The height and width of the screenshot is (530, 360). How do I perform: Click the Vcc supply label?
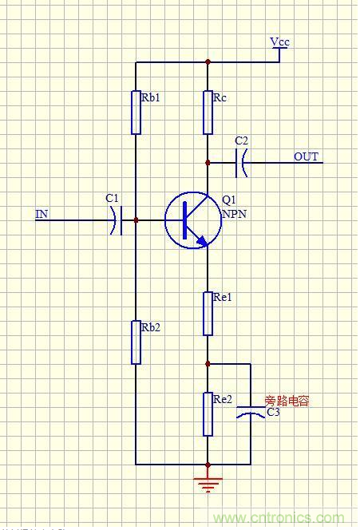[279, 41]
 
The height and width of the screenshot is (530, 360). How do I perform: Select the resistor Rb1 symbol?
[136, 111]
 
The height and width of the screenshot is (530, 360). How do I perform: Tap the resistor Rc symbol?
[208, 112]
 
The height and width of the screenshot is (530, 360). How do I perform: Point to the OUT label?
[306, 156]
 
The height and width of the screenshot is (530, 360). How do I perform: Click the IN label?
[41, 214]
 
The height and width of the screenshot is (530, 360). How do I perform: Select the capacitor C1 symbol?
[117, 220]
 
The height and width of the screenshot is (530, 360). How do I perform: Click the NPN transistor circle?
[192, 221]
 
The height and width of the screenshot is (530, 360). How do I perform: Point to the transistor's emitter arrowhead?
[203, 240]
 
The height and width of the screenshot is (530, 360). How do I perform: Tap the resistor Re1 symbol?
[208, 313]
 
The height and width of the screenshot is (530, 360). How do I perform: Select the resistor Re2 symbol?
[208, 413]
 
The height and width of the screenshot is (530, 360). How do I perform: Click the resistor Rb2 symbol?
[136, 342]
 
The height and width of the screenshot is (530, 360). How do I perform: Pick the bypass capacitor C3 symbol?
[251, 413]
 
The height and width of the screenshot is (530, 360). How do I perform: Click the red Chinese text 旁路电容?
[287, 401]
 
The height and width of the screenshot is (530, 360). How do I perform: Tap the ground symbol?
[208, 482]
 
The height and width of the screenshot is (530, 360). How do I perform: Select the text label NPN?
[234, 214]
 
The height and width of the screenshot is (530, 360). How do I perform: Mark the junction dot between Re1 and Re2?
[208, 363]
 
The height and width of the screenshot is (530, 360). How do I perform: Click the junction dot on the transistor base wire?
[136, 220]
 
